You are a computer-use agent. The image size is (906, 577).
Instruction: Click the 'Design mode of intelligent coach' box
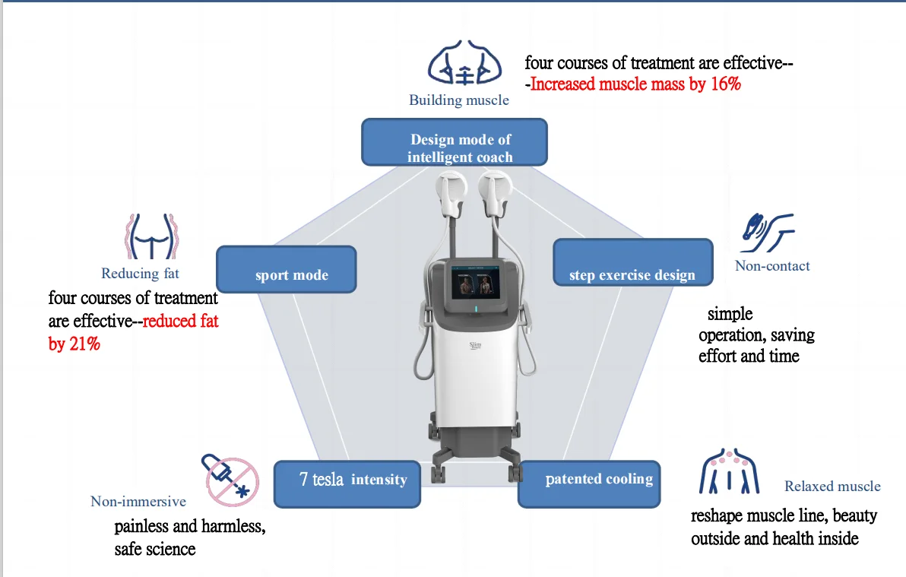pos(455,142)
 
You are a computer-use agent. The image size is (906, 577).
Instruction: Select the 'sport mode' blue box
pos(287,269)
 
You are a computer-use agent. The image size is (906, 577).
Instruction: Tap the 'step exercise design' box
pos(632,262)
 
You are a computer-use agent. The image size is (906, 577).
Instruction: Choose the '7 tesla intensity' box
pos(347,484)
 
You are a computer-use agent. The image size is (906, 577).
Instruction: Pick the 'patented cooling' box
pos(589,484)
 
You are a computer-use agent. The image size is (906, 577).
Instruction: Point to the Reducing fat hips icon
pos(151,236)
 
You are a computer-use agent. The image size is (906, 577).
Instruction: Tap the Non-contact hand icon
pos(768,233)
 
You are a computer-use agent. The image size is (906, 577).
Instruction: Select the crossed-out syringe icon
pos(230,480)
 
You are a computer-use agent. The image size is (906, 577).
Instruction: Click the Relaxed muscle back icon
pos(729,471)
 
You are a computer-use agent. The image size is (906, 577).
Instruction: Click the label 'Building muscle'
pos(459,100)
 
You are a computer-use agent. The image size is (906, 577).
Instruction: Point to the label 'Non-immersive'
pos(138,501)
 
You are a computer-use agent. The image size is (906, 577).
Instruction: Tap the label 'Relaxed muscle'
pos(832,487)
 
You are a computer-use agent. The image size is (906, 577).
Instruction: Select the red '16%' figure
pos(726,84)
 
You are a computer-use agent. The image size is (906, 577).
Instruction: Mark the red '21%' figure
pos(84,344)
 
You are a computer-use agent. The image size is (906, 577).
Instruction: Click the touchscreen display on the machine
pos(476,282)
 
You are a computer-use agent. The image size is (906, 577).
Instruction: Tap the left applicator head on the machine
pos(451,195)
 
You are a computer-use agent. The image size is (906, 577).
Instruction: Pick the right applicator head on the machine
pos(495,195)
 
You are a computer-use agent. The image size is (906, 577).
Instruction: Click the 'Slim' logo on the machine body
pos(475,346)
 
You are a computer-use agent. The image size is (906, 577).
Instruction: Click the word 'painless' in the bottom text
pos(141,526)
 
